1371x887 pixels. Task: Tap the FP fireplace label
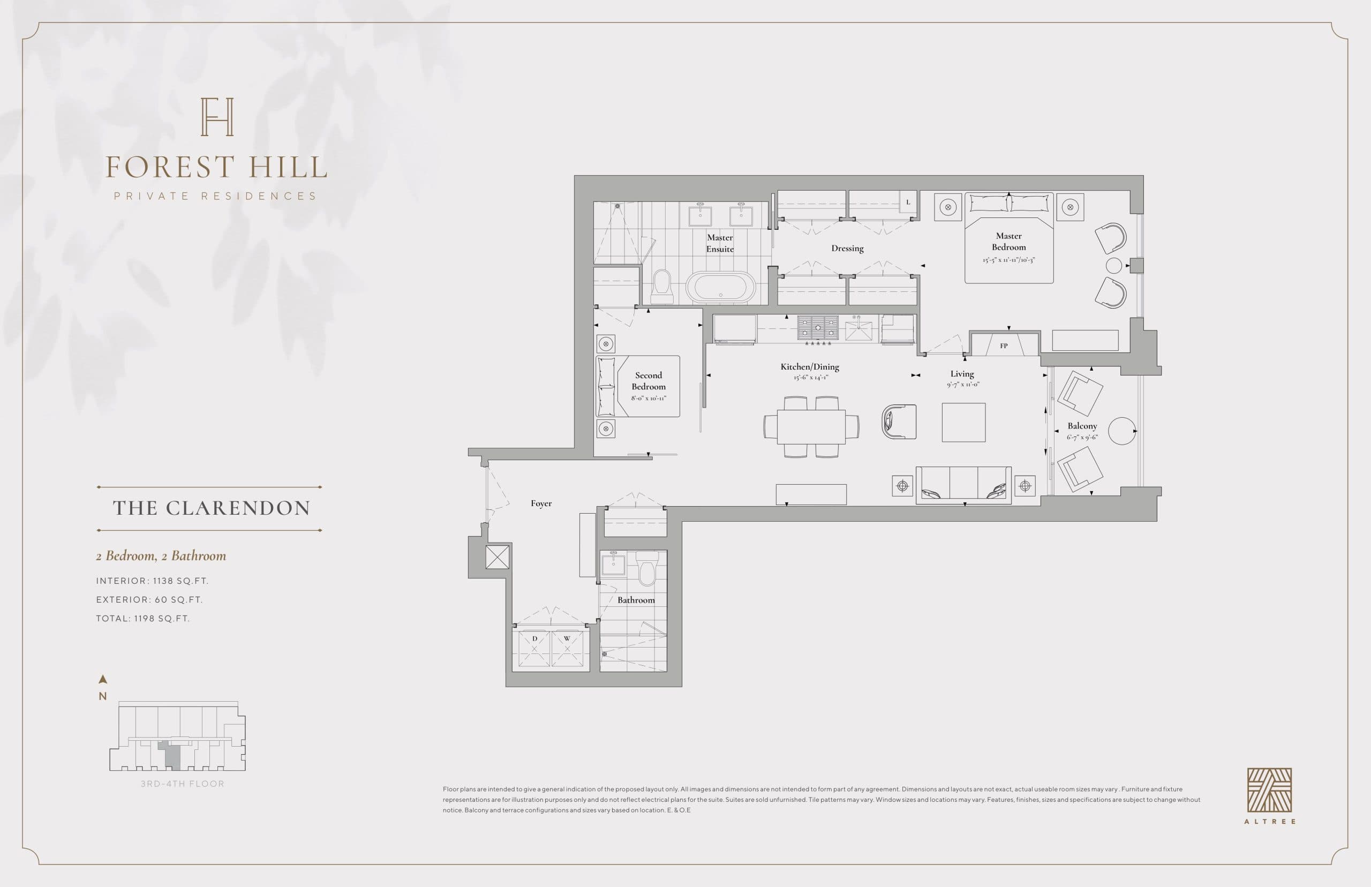1004,346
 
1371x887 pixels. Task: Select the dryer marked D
534,649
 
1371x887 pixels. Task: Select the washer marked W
567,649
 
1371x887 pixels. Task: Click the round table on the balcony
1121,431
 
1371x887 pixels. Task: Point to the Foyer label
541,503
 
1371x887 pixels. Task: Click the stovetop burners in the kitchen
818,328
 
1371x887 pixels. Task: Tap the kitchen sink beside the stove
858,330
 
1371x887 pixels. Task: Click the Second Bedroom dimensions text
649,398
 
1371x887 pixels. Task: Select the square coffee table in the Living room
963,422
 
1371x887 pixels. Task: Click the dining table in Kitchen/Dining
811,426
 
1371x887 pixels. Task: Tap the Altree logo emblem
1269,790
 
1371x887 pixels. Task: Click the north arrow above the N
103,680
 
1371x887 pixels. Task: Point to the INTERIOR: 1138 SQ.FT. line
152,581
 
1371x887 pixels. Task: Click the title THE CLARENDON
212,508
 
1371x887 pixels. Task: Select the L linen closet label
908,201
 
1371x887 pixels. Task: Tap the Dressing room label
847,248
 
